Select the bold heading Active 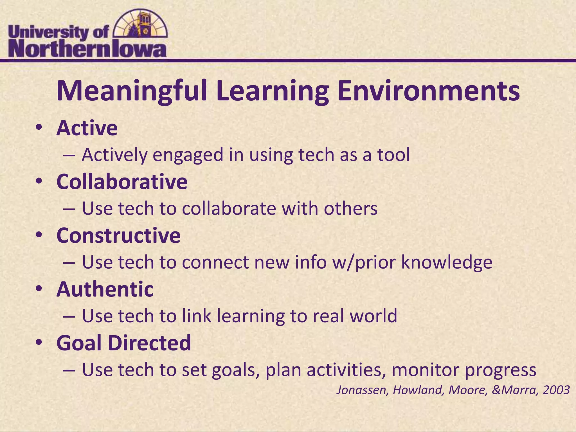(87, 128)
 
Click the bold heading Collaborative (122, 182)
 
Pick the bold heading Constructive (118, 236)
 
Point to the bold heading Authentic (105, 289)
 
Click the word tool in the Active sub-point (393, 155)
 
